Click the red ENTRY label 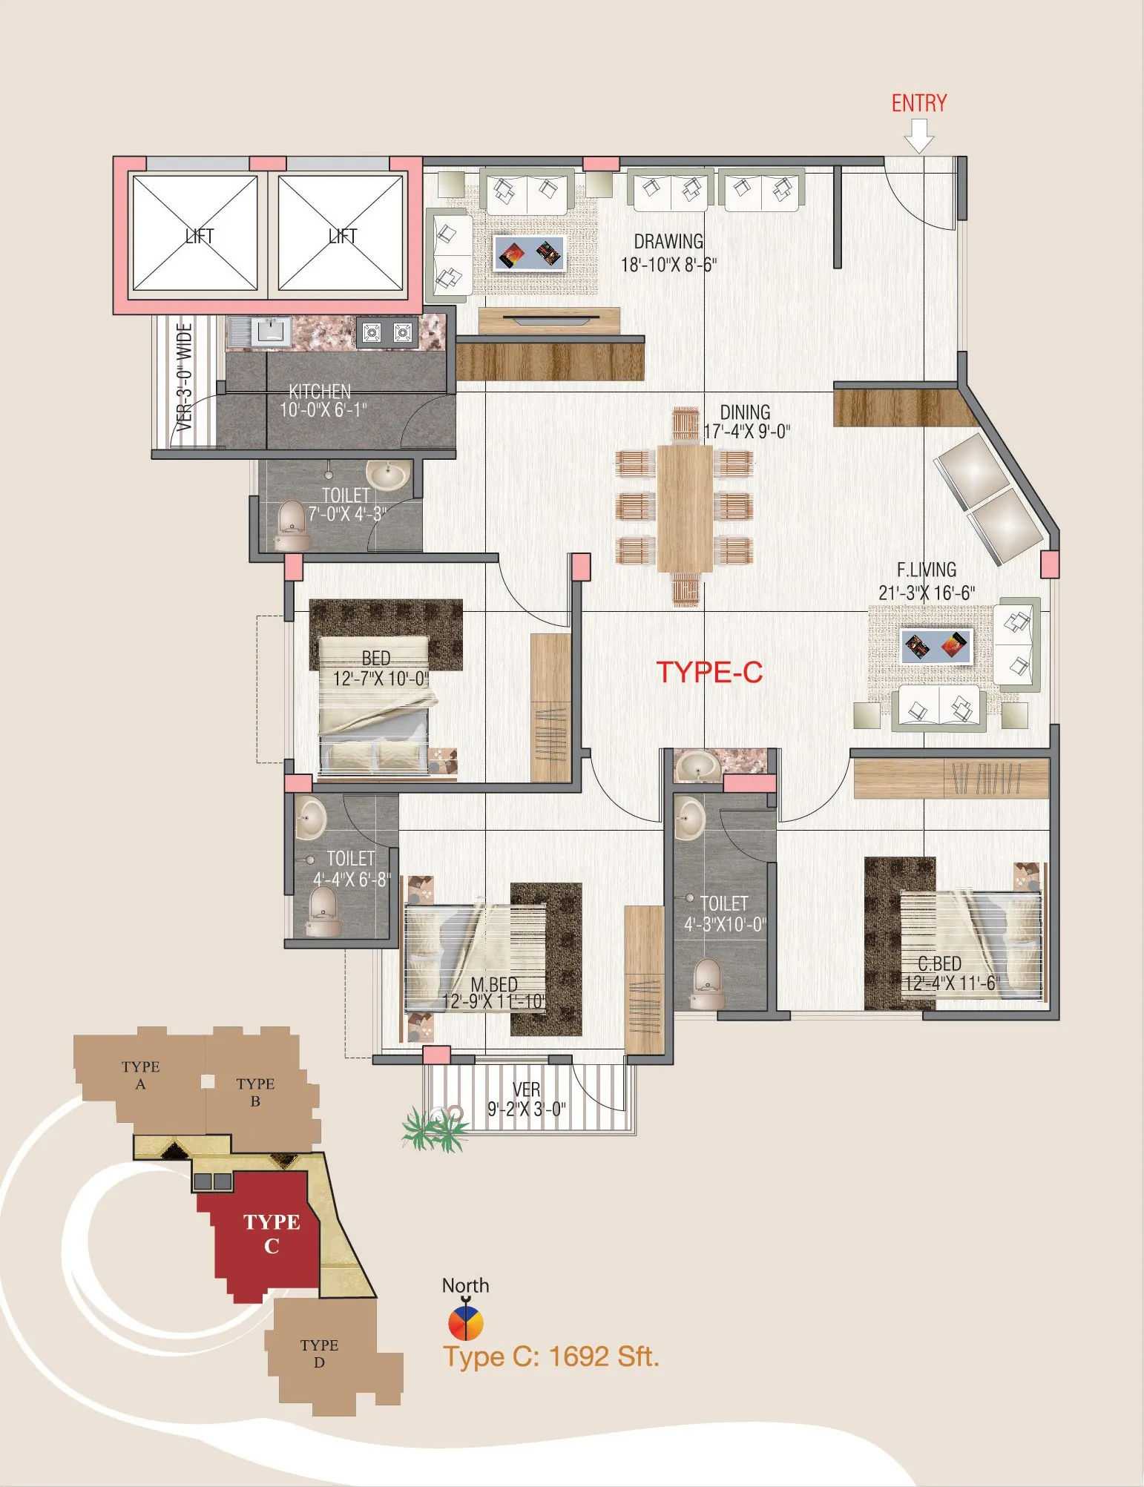[919, 103]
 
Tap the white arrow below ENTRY [919, 136]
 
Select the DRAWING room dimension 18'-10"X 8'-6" [668, 265]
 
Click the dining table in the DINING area [685, 508]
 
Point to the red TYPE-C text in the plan [710, 672]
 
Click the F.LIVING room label [927, 570]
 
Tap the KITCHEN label [320, 391]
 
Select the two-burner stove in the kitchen [387, 332]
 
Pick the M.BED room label [494, 984]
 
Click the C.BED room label [939, 963]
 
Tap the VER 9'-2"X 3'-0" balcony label [526, 1099]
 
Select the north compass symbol [465, 1322]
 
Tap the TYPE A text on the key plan [140, 1075]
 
